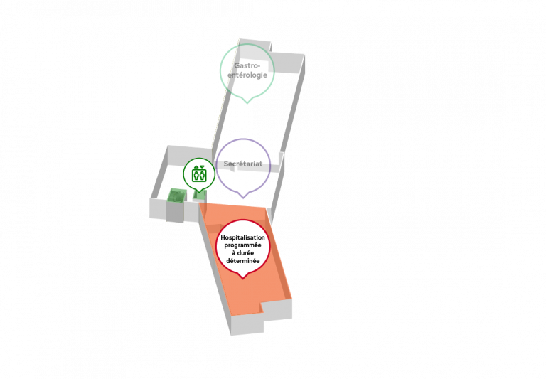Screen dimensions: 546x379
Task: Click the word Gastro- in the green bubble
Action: click(247, 66)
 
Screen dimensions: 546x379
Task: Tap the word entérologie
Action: click(247, 75)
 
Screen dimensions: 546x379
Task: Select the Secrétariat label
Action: click(243, 164)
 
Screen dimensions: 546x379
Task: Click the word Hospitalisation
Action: click(242, 237)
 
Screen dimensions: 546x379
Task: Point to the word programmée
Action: click(242, 245)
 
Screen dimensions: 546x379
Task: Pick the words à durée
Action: click(242, 253)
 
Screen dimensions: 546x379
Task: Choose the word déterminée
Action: click(242, 260)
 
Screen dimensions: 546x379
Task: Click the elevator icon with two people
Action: click(199, 175)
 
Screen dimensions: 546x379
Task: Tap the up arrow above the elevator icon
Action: click(196, 167)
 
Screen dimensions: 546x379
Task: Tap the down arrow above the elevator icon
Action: click(202, 167)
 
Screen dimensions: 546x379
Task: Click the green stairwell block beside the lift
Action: click(176, 195)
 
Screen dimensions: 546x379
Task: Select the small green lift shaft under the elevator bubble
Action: click(200, 196)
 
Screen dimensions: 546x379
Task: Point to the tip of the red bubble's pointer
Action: click(243, 279)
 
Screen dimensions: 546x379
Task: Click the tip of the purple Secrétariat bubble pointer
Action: click(243, 198)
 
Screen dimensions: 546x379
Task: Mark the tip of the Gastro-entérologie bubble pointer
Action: click(247, 103)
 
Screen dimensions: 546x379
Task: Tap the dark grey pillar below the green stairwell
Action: click(175, 211)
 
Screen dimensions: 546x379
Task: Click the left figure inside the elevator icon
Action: click(196, 176)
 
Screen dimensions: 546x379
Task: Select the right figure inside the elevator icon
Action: click(202, 176)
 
